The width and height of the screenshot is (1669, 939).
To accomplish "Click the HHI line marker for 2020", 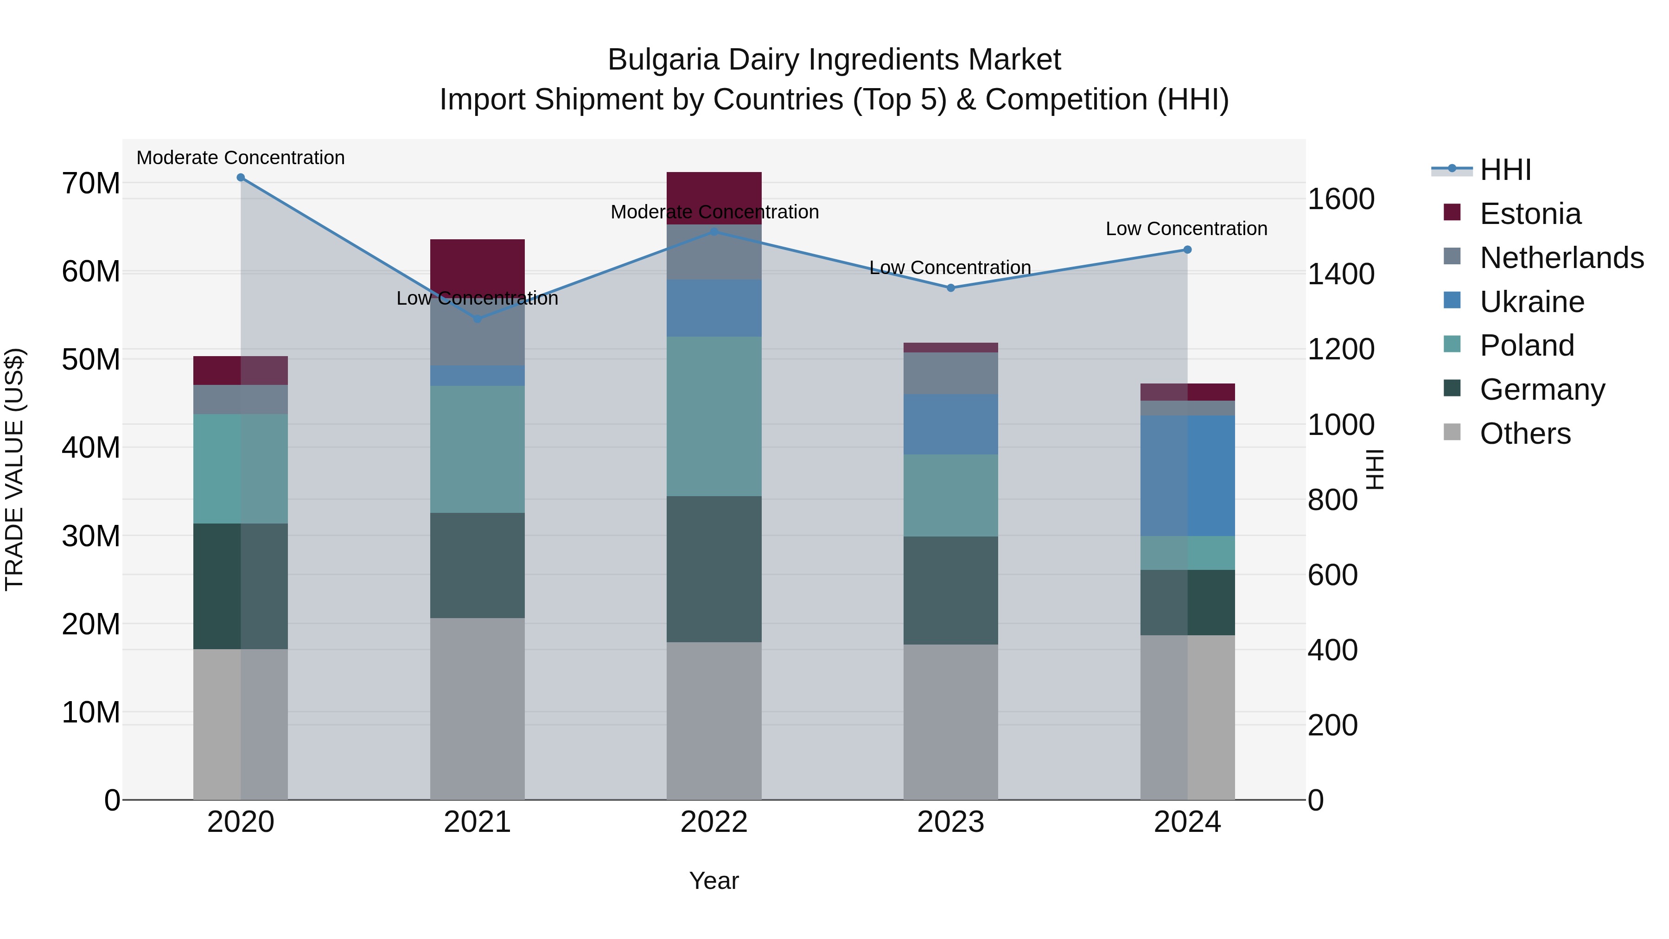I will point(240,178).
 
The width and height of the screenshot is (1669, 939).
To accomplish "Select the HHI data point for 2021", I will point(478,319).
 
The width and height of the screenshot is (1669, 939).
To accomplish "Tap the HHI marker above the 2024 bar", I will point(1187,249).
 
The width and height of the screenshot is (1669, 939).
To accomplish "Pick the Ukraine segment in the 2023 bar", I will point(950,424).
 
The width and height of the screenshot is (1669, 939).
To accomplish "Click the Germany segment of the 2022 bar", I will point(713,569).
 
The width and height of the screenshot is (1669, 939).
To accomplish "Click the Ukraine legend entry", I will point(1532,302).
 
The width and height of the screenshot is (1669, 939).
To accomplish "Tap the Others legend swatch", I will point(1452,432).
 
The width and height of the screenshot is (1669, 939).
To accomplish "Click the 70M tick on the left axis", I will point(91,183).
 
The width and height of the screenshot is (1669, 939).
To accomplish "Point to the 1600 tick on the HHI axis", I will point(1340,199).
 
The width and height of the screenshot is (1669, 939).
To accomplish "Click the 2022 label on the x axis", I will point(713,822).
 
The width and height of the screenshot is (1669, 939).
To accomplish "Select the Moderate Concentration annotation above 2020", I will point(240,158).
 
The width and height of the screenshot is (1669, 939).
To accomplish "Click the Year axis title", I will point(713,881).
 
